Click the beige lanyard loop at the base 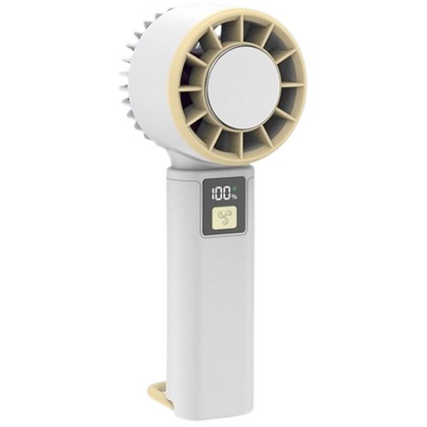(x=159, y=394)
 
